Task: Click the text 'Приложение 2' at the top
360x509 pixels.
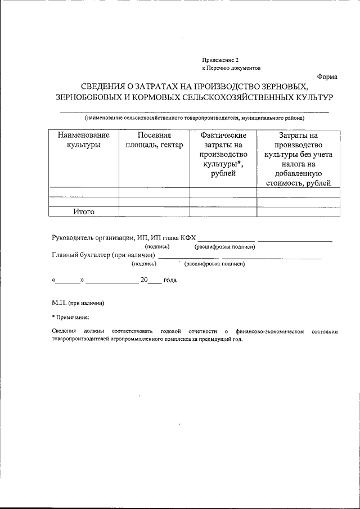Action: tap(220, 59)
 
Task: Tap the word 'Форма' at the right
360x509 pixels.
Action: tap(327, 76)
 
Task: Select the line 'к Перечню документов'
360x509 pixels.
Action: tap(232, 67)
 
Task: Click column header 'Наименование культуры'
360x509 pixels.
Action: tap(83, 140)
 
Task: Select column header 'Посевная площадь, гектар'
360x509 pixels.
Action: tap(154, 140)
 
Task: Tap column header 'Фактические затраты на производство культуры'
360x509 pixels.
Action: tap(223, 154)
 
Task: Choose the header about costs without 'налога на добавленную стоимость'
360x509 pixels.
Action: tap(298, 159)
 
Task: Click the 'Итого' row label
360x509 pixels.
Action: tap(83, 212)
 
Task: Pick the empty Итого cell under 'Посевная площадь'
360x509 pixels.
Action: tap(154, 212)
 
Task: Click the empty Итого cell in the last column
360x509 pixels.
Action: tap(298, 212)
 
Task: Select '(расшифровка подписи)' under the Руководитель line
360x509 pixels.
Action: tap(225, 247)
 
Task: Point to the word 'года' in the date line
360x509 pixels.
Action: tap(170, 280)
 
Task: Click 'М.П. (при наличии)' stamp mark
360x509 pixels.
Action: tap(78, 303)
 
